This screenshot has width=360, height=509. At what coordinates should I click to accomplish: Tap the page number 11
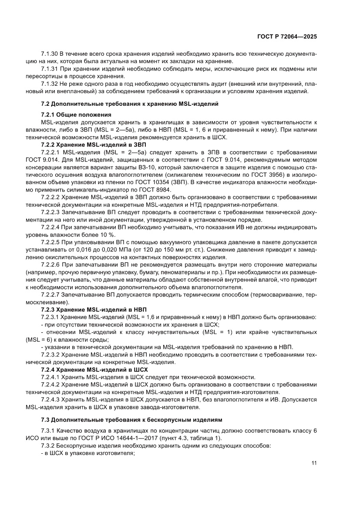(314, 463)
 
